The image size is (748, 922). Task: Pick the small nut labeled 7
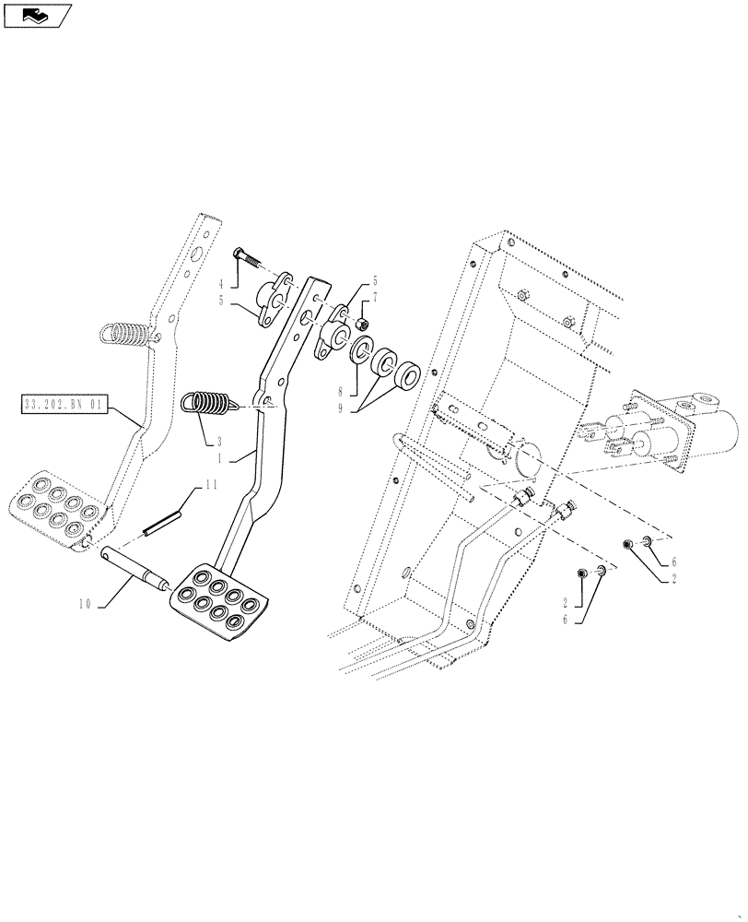(x=362, y=324)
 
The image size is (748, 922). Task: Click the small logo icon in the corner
(x=37, y=16)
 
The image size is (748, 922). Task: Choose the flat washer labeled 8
(x=360, y=351)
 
